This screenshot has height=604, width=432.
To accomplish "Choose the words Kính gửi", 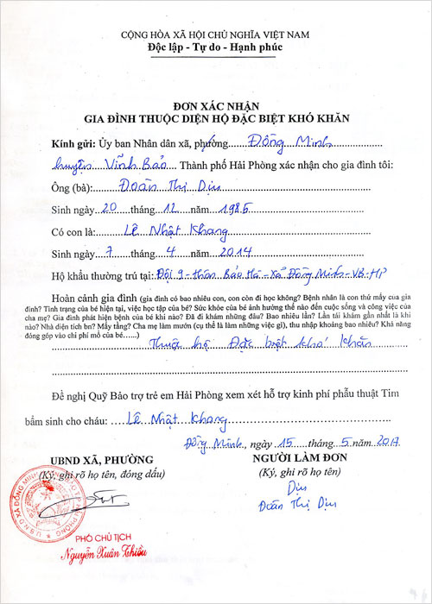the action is (73, 144).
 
